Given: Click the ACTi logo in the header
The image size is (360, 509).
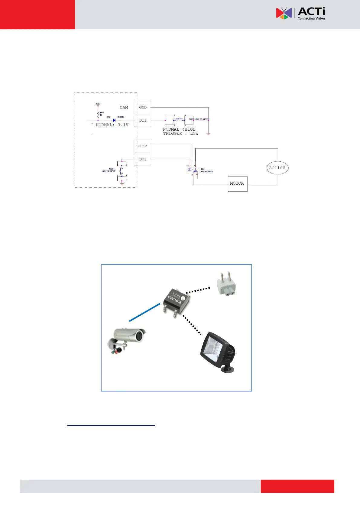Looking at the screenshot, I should tap(300, 14).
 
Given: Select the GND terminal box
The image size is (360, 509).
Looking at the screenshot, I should tap(143, 107).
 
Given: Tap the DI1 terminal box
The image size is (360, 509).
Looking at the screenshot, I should tap(143, 120).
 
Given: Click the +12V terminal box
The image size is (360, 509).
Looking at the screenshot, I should tap(142, 146).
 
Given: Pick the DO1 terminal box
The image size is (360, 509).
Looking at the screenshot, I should tap(143, 159).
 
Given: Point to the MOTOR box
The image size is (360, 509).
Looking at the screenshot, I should tap(237, 183).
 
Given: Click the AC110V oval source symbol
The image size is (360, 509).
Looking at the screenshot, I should tap(277, 168).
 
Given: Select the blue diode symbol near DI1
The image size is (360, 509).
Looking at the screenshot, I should tap(114, 120).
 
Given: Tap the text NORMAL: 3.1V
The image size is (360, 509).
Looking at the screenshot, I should tap(112, 125).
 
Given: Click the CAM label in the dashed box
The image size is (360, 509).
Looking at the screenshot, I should tap(124, 107).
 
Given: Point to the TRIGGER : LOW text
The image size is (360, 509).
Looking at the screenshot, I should tap(180, 133).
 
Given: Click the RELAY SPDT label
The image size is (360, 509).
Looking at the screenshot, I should tap(207, 172).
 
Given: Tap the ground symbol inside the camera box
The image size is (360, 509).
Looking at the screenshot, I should tap(122, 183).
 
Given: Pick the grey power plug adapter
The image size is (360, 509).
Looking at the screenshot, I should tap(226, 284).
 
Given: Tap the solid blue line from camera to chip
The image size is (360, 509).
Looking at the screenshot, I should tap(144, 312).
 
